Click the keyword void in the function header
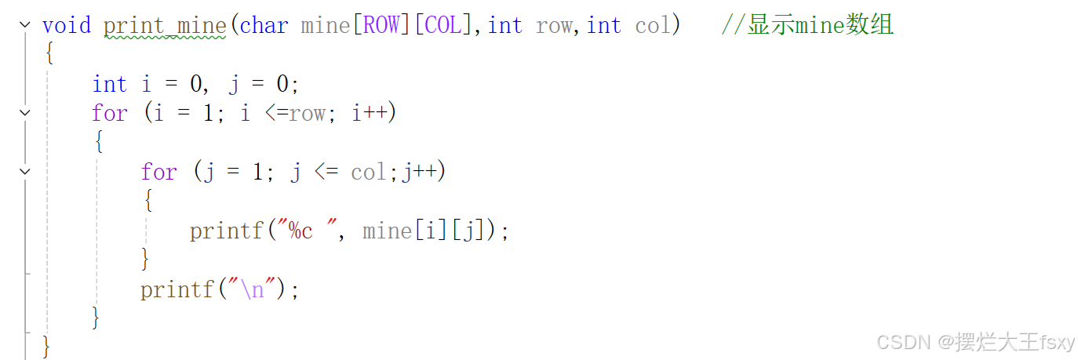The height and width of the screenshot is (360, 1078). tap(67, 25)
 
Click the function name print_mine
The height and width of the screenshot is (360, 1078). tap(164, 25)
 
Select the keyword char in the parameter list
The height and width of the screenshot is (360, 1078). tap(264, 25)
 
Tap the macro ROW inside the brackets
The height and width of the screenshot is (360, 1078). tap(381, 25)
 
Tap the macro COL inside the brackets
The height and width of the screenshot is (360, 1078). tap(443, 25)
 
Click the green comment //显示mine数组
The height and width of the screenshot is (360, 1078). tap(807, 25)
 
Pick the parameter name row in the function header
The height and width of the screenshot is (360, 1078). tap(554, 25)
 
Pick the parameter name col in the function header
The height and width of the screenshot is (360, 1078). tap(653, 25)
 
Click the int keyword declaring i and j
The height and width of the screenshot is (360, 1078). tap(109, 84)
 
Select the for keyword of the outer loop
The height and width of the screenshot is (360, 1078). tap(109, 113)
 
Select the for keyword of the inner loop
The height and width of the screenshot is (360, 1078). tap(158, 172)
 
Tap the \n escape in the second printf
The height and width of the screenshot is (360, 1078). tap(253, 289)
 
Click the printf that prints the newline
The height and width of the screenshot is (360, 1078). tap(177, 289)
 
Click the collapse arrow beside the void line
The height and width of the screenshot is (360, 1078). tap(25, 25)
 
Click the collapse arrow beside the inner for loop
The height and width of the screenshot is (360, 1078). tap(25, 171)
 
